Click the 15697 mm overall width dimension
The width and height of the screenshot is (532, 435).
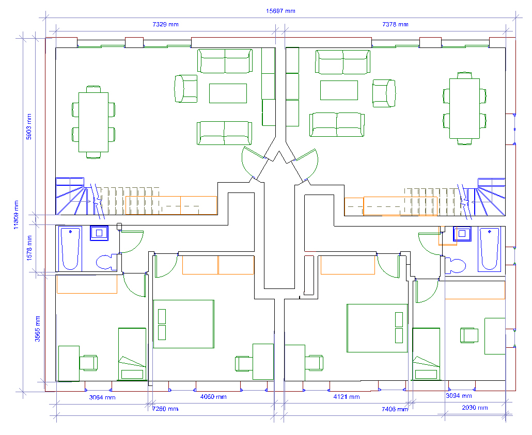tap(280, 11)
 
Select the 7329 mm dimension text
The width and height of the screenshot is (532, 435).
tap(165, 24)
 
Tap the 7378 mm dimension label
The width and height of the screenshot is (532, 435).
tap(395, 24)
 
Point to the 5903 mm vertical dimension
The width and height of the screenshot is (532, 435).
tap(29, 127)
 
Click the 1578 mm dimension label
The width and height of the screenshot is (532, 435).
tap(29, 248)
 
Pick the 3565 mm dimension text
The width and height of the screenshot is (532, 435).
tap(37, 329)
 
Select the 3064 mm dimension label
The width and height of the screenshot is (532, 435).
tap(102, 397)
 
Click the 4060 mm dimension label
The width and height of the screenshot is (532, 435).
tap(213, 397)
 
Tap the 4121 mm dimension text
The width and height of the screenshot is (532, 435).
tap(347, 397)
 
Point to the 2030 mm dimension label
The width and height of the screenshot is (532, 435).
tap(475, 408)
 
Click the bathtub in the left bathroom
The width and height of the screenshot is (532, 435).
tap(70, 249)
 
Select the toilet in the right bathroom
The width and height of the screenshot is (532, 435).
tap(455, 266)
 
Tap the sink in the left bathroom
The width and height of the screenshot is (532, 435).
tap(99, 233)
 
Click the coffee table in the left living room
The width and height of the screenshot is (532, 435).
tap(228, 93)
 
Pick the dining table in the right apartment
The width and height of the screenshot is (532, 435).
tap(464, 108)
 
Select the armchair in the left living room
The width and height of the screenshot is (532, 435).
tap(186, 89)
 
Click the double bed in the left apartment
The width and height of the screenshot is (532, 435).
tap(183, 324)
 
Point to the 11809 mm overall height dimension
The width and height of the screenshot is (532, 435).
tap(17, 215)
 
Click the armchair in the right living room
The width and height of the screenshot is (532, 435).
tap(384, 93)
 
